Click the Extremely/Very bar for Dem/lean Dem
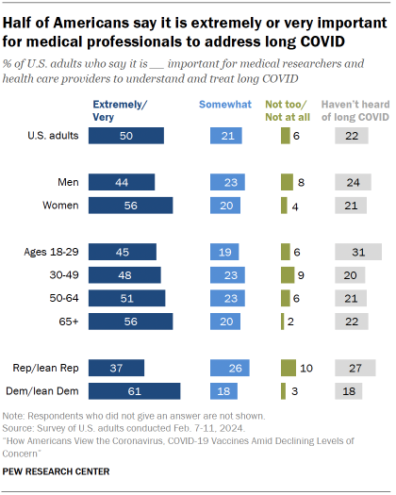pyautogui.click(x=134, y=391)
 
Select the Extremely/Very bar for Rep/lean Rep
pyautogui.click(x=116, y=367)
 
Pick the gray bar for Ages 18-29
pyautogui.click(x=358, y=252)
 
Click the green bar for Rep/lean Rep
pyautogui.click(x=288, y=367)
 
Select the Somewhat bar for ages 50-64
pyautogui.click(x=227, y=299)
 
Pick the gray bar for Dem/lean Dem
pyautogui.click(x=350, y=391)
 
